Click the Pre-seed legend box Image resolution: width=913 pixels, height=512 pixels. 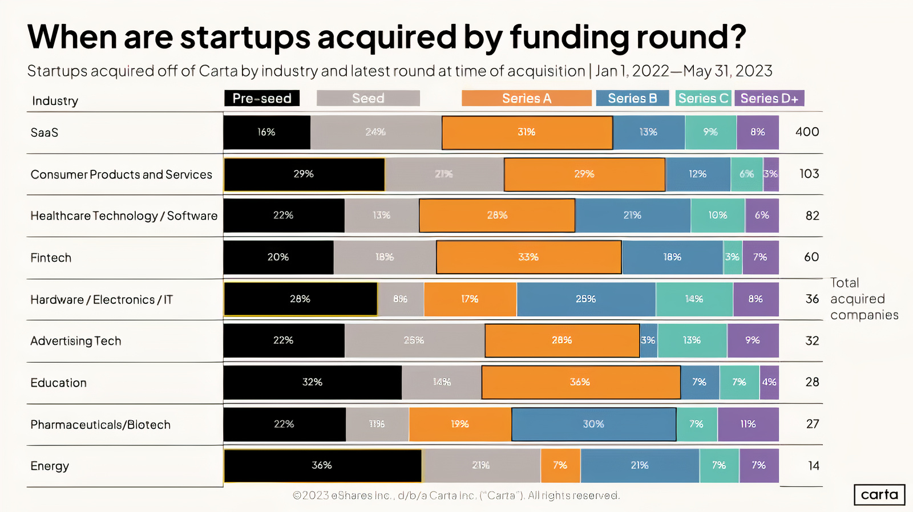(262, 98)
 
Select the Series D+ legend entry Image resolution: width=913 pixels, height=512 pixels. (769, 98)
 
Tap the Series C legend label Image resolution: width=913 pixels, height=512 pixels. (704, 98)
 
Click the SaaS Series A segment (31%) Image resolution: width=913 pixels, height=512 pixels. (527, 132)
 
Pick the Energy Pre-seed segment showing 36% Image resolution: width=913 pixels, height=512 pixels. (322, 465)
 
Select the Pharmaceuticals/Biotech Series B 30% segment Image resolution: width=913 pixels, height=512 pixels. (593, 424)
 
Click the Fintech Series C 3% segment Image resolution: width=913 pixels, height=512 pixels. (733, 257)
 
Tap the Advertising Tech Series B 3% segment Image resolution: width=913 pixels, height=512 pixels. (648, 340)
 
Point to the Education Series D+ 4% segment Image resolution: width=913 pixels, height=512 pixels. (769, 382)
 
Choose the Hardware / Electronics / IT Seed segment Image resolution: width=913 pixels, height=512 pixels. (401, 299)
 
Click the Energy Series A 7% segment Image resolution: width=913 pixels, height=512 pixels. (560, 465)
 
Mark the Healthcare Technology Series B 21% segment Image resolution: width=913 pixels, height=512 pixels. (632, 216)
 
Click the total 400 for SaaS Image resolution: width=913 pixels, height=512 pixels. (807, 132)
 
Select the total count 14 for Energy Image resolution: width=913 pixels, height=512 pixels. (814, 466)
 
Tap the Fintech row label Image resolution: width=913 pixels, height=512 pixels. (51, 258)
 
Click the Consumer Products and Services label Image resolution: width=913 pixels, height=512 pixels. (121, 174)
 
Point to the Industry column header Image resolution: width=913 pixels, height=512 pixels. (55, 101)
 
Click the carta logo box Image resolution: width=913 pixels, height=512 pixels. (879, 494)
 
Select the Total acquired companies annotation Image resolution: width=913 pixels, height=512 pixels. (863, 299)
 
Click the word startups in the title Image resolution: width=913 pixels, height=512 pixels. (245, 37)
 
